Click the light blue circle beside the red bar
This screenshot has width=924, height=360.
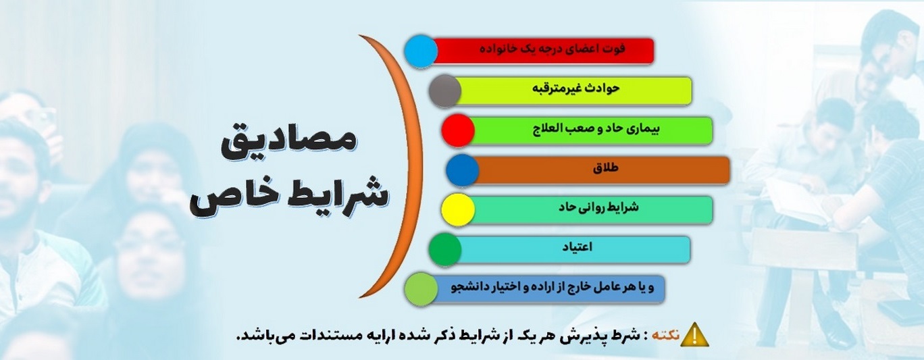tap(421, 51)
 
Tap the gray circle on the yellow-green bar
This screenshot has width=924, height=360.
tap(444, 91)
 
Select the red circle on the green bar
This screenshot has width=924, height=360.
tap(458, 130)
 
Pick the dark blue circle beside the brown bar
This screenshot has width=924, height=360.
tap(463, 170)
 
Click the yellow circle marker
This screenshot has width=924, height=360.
tap(458, 209)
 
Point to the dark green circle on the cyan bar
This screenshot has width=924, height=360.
tap(444, 249)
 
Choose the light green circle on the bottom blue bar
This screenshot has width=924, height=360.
tap(421, 289)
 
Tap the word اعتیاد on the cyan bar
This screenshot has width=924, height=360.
tap(577, 247)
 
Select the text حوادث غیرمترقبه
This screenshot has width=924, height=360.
tap(575, 88)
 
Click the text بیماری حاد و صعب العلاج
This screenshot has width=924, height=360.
tap(596, 128)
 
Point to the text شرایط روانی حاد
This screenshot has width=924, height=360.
tap(598, 207)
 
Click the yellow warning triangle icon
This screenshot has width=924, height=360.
tap(694, 334)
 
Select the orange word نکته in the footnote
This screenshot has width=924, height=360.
tap(665, 335)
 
